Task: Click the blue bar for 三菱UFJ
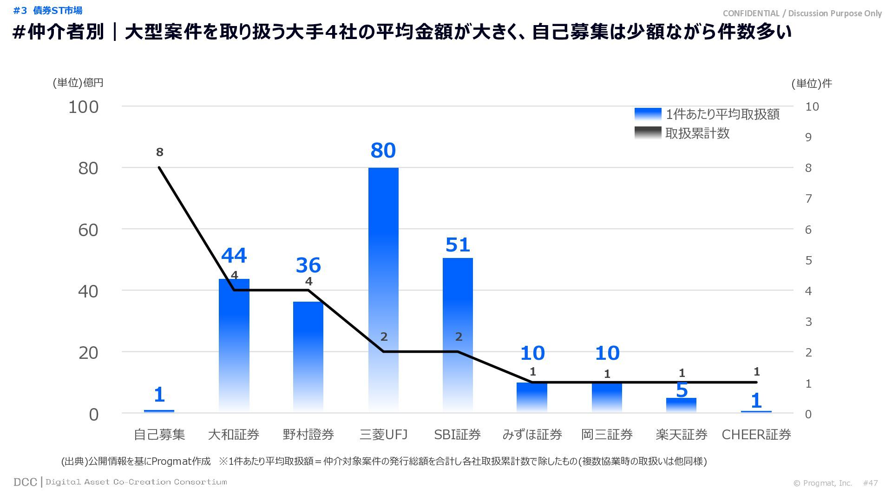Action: pyautogui.click(x=383, y=288)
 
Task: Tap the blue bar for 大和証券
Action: pyautogui.click(x=234, y=344)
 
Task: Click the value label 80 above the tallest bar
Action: pyautogui.click(x=383, y=151)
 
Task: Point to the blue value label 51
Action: pyautogui.click(x=458, y=245)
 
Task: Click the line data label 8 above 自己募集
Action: pyautogui.click(x=160, y=152)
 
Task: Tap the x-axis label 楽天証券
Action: pyautogui.click(x=682, y=435)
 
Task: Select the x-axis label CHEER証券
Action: pyautogui.click(x=756, y=435)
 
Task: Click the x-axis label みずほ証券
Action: pyautogui.click(x=532, y=435)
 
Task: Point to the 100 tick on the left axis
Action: pyautogui.click(x=84, y=107)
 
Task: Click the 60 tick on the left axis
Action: pyautogui.click(x=88, y=230)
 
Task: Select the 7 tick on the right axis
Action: pyautogui.click(x=808, y=199)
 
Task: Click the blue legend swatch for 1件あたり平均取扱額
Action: pyautogui.click(x=648, y=114)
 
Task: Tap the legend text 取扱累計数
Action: pyautogui.click(x=697, y=133)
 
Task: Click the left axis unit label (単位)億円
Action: pyautogui.click(x=78, y=83)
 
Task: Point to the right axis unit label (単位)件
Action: pyautogui.click(x=812, y=83)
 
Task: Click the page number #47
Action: pyautogui.click(x=870, y=483)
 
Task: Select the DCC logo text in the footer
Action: pyautogui.click(x=25, y=482)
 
